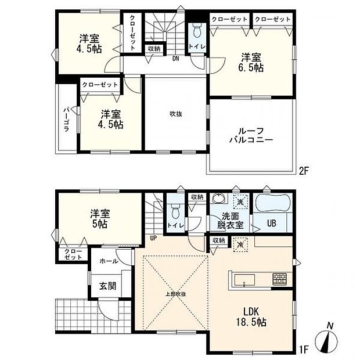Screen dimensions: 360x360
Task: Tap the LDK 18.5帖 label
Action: pyautogui.click(x=251, y=317)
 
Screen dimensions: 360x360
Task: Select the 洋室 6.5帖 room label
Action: pyautogui.click(x=251, y=63)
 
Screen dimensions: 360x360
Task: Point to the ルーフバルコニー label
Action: pyautogui.click(x=251, y=135)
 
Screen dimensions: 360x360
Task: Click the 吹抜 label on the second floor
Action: pyautogui.click(x=176, y=114)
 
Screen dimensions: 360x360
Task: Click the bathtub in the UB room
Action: pyautogui.click(x=272, y=203)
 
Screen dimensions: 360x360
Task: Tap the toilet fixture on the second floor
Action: pyautogui.click(x=197, y=31)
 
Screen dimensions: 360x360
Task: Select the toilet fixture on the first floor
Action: pyautogui.click(x=175, y=211)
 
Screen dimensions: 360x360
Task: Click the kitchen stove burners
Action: pyautogui.click(x=279, y=279)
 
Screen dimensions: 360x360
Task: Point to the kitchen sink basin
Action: pyautogui.click(x=244, y=280)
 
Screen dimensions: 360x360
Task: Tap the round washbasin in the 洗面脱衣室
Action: pyautogui.click(x=218, y=198)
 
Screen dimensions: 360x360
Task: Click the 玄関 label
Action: pyautogui.click(x=107, y=286)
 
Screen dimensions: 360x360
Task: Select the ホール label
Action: pyautogui.click(x=109, y=261)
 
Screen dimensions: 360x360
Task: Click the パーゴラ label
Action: pyautogui.click(x=66, y=119)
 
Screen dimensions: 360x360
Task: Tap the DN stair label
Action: pyautogui.click(x=175, y=59)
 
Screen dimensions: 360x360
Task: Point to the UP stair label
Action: pyautogui.click(x=153, y=238)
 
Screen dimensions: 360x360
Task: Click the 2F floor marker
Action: pyautogui.click(x=303, y=171)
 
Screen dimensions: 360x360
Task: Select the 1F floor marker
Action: pyautogui.click(x=303, y=350)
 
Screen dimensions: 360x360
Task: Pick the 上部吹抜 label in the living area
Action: pyautogui.click(x=175, y=294)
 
